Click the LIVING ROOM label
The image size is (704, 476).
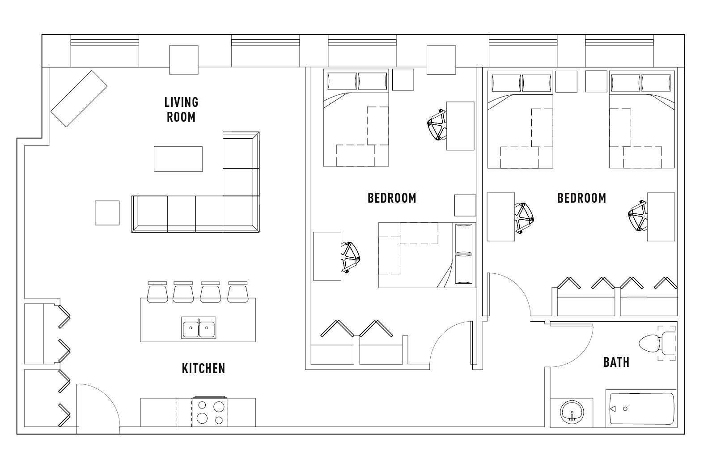181,110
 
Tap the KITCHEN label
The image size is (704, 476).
204,369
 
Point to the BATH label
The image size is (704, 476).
616,362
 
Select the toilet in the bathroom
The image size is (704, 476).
657,343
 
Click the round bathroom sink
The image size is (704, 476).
572,412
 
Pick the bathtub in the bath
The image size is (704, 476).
641,408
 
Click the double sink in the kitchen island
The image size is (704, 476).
199,327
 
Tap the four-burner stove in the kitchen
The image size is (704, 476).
210,412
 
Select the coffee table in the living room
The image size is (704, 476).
178,159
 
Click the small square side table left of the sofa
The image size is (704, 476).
107,213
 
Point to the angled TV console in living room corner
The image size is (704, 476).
79,98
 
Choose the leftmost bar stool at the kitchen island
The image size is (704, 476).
157,292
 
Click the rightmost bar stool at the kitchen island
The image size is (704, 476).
238,292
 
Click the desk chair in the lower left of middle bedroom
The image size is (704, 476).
350,257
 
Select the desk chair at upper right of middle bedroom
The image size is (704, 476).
437,125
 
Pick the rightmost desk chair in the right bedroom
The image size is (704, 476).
638,216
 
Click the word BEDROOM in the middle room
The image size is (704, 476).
392,198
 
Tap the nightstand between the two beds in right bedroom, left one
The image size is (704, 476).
566,81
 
